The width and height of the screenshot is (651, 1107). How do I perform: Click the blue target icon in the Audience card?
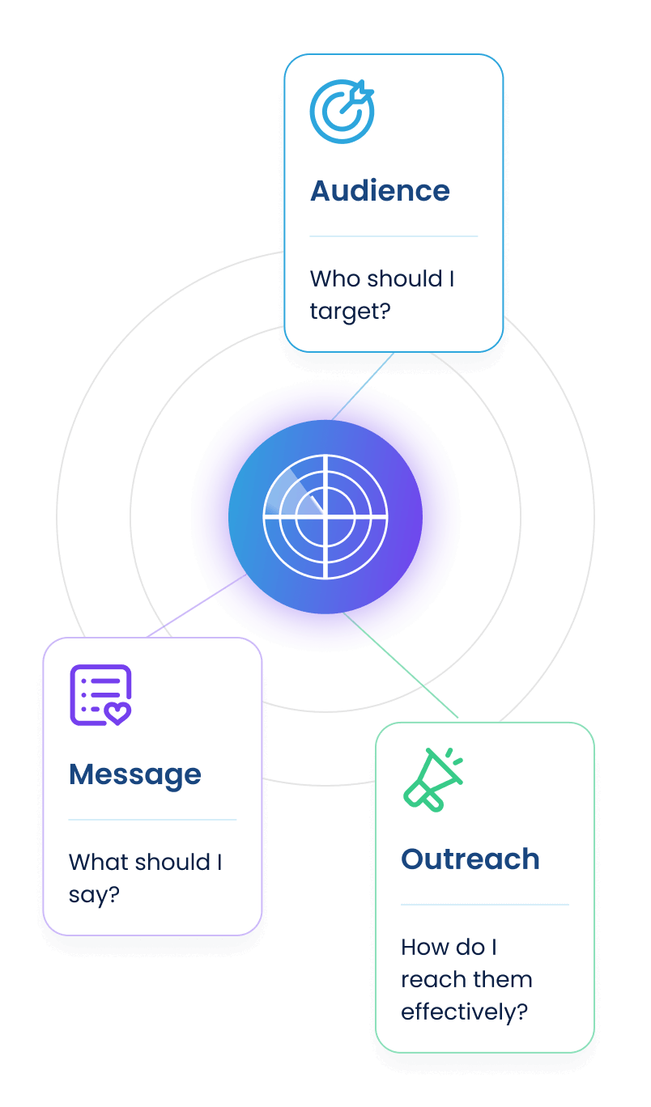[342, 112]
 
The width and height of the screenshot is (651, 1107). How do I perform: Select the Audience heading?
[380, 191]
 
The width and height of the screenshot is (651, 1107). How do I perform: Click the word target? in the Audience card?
[350, 312]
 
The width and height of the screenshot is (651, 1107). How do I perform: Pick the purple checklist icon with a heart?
[100, 695]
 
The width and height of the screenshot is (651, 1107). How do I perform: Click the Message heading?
[135, 774]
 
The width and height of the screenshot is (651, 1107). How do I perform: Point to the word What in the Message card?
[94, 863]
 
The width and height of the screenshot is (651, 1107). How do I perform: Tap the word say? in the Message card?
[94, 895]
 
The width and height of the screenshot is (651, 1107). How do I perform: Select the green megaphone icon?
[433, 779]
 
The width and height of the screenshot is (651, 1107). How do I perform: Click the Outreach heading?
[470, 859]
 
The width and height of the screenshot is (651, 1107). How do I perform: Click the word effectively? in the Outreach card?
[464, 1012]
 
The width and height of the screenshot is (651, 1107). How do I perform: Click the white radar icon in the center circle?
[325, 516]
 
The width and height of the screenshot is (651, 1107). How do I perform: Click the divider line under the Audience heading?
[394, 236]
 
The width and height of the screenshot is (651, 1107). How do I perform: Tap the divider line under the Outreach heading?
[484, 905]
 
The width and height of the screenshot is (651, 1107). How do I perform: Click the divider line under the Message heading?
[152, 820]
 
